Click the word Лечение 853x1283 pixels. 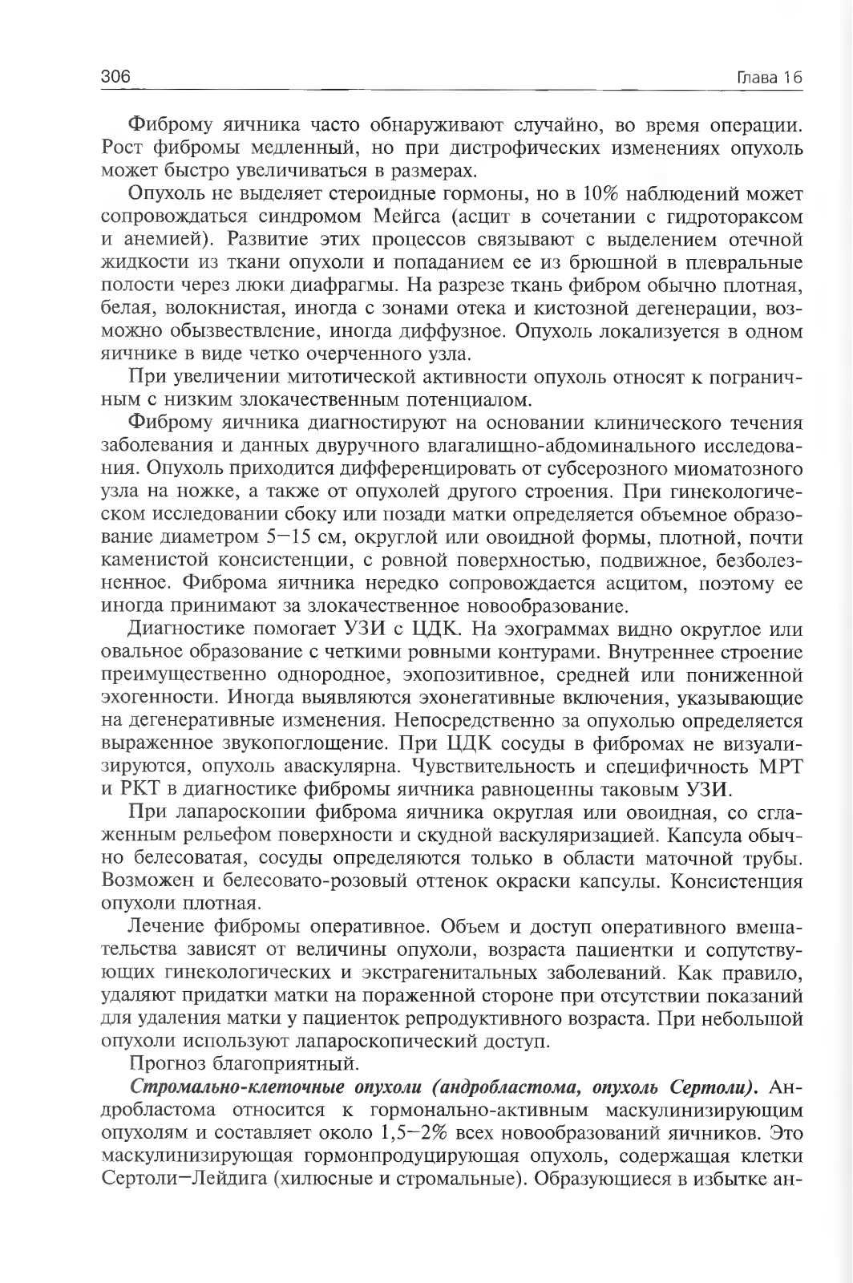165,928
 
